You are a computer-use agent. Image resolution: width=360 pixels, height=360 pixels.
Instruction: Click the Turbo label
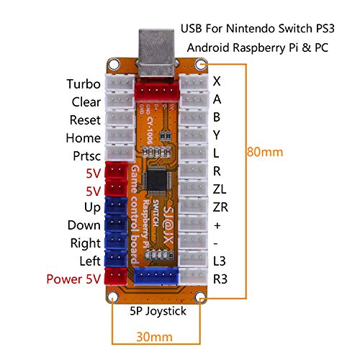tap(83, 84)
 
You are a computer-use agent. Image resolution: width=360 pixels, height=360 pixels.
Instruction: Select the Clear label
tap(86, 102)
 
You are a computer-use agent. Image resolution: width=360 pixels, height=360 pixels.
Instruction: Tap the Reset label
tap(85, 120)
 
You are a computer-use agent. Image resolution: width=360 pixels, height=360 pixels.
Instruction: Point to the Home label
tap(83, 137)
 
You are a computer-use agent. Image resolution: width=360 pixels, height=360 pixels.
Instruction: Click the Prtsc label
tap(86, 155)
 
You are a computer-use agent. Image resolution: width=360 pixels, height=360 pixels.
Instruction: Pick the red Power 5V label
tap(73, 278)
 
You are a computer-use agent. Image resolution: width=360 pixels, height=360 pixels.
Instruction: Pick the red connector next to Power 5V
tap(115, 277)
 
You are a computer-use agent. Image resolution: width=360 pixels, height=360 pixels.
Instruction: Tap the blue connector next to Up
tap(115, 207)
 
